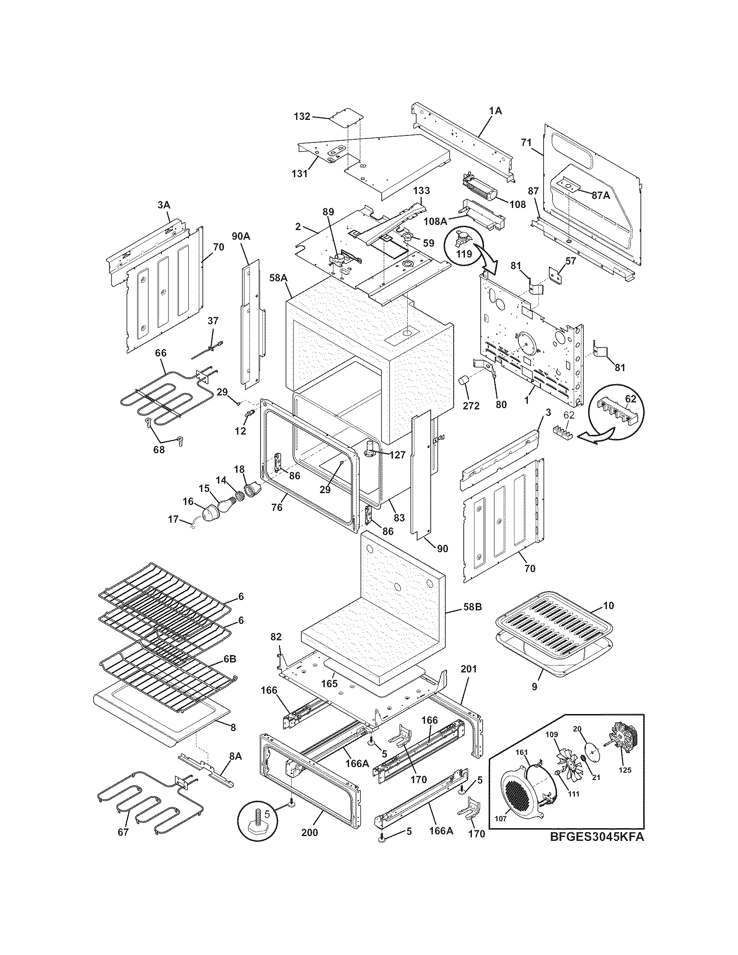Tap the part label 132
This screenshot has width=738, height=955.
[x=302, y=116]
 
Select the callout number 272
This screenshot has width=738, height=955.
[x=471, y=405]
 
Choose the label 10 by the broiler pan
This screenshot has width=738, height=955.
[x=608, y=606]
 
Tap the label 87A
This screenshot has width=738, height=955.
[x=601, y=196]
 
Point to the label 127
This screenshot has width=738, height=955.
[x=397, y=455]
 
